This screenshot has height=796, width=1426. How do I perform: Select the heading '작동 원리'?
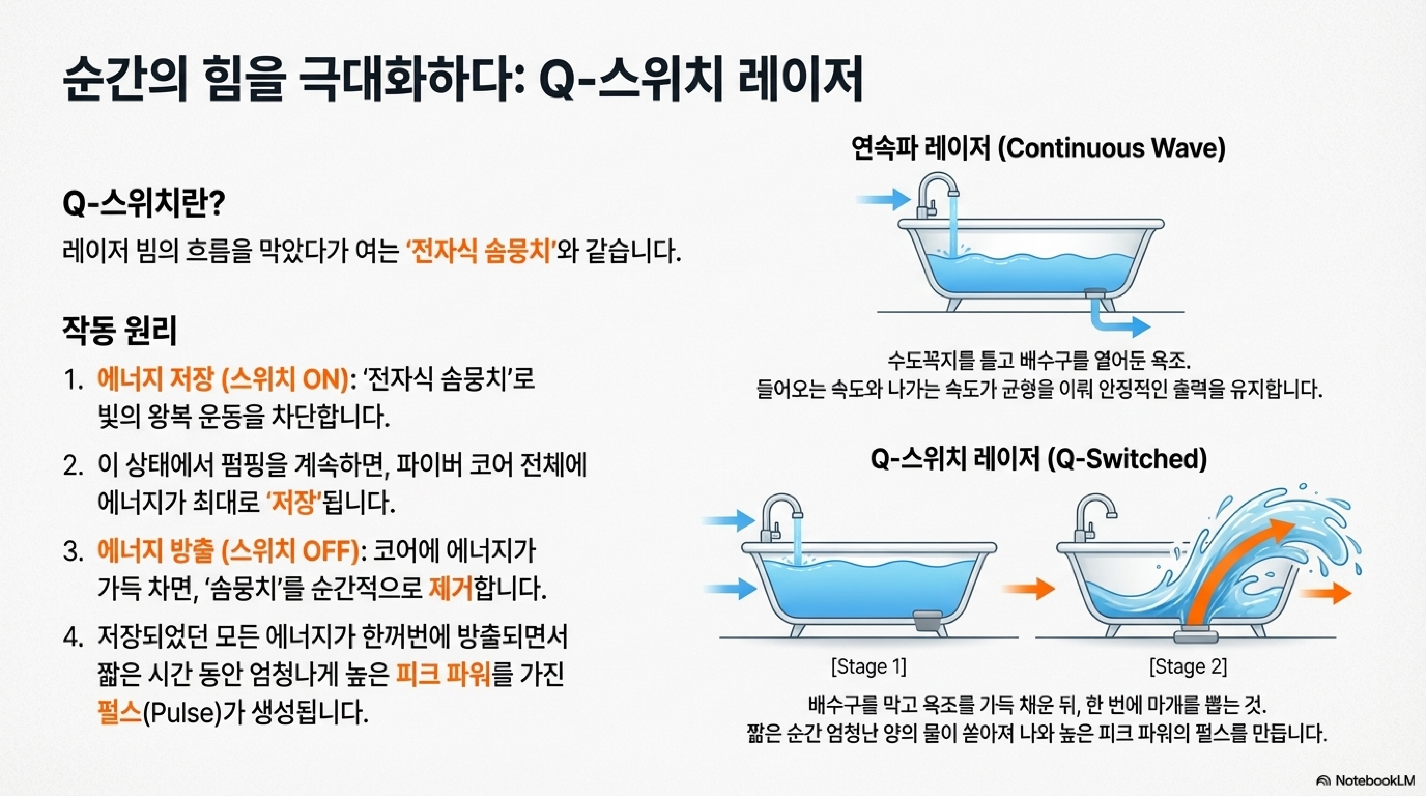tap(120, 331)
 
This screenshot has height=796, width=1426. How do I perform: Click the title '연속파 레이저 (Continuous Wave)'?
tap(1038, 148)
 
